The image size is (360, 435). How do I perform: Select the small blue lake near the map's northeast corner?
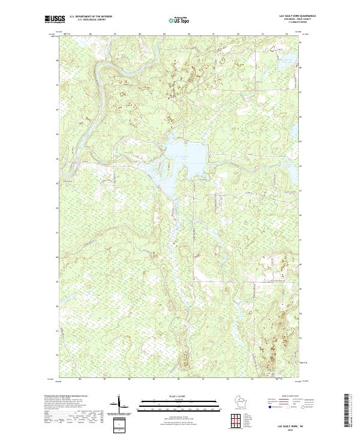coord(287,59)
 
